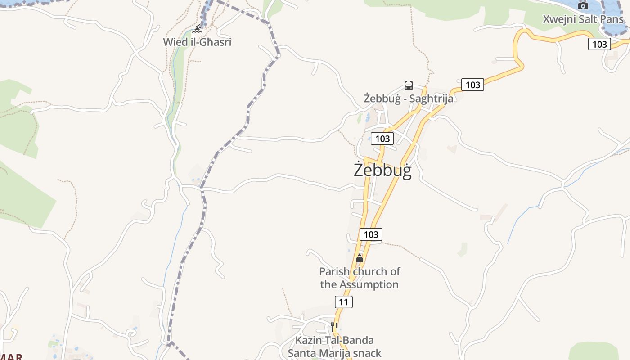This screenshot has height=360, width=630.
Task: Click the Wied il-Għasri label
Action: [x=197, y=42]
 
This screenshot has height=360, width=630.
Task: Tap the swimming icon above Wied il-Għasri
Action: [x=197, y=29]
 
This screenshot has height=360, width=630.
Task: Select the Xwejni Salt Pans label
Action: [x=583, y=19]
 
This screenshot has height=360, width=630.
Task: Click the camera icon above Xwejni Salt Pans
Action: [x=583, y=6]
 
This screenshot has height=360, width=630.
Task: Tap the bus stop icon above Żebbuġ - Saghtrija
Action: [x=409, y=85]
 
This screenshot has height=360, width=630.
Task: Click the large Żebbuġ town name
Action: [x=382, y=171]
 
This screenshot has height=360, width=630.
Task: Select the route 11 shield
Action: [x=344, y=301]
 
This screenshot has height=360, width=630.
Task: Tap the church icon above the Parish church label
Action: [x=359, y=258]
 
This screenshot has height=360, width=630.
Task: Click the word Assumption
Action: [x=369, y=284]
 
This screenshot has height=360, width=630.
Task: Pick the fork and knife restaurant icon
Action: [x=334, y=326]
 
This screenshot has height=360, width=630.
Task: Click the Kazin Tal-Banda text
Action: [x=334, y=340]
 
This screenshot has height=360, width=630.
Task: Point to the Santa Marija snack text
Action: [x=334, y=353]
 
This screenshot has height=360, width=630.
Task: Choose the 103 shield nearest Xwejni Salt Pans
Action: [x=599, y=44]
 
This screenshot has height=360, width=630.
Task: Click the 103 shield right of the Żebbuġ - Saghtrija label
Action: [x=472, y=85]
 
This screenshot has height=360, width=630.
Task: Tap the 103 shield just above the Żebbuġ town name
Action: [x=382, y=139]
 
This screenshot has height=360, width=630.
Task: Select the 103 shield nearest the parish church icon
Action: [x=371, y=234]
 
